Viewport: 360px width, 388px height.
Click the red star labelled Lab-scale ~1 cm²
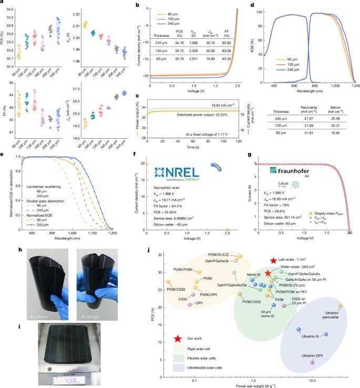[273, 261]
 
